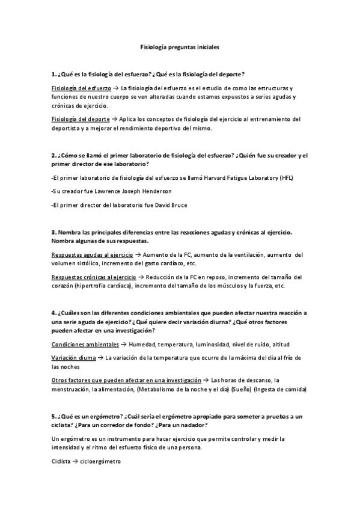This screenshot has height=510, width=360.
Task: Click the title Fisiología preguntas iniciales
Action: click(x=180, y=45)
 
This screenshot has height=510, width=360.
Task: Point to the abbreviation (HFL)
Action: click(x=288, y=178)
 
